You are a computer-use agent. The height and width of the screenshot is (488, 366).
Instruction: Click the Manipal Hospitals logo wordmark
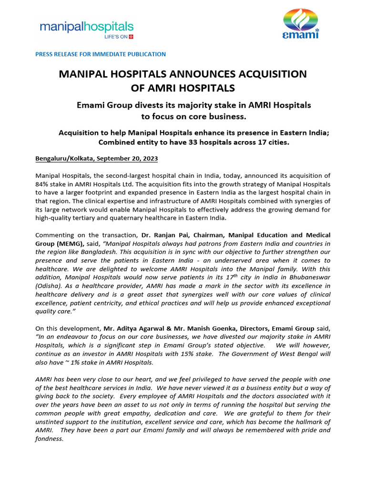tap(86, 26)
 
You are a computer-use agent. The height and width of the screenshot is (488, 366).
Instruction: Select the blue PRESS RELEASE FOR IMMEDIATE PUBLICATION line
tap(101, 54)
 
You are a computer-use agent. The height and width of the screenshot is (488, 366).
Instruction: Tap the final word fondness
tap(49, 439)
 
